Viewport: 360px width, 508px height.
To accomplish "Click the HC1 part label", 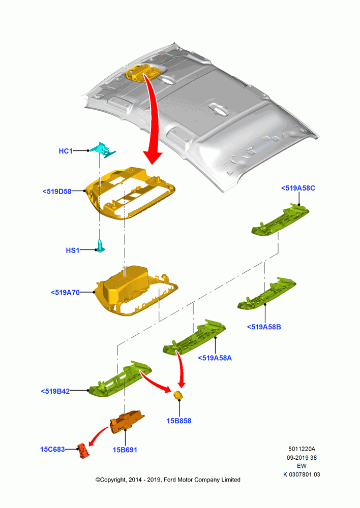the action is click(66, 151).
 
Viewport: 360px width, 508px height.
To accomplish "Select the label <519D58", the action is click(57, 192).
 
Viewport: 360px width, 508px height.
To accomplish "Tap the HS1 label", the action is click(73, 250).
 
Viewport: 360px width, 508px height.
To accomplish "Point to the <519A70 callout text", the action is click(65, 293).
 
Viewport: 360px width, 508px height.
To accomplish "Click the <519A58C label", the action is click(298, 188).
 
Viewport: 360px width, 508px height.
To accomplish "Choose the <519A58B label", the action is click(264, 327).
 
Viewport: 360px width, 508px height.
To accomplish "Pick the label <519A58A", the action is click(215, 358).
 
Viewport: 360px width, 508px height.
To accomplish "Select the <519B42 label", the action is click(55, 391).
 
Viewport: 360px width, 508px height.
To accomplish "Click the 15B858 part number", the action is click(179, 421).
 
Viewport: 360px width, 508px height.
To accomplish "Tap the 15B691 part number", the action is click(125, 450).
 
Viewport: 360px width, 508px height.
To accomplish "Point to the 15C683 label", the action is click(52, 450).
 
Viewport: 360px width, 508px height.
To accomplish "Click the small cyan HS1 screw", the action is click(101, 246).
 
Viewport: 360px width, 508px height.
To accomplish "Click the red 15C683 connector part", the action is click(83, 451).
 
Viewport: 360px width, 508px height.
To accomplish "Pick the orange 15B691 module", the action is click(127, 421).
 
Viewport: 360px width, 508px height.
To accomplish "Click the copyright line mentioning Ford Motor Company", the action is click(168, 480).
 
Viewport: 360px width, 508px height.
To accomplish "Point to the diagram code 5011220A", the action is click(302, 449).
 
